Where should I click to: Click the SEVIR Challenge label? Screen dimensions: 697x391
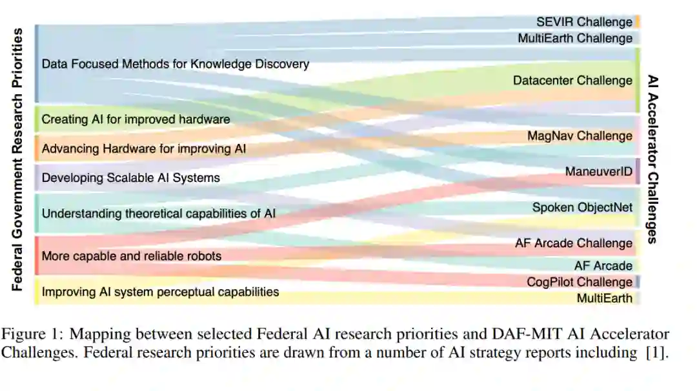coord(584,22)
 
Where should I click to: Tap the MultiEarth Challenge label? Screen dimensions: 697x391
coord(575,38)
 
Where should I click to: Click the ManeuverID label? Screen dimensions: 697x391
coord(599,171)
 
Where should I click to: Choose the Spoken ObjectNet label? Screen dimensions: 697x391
coord(582,207)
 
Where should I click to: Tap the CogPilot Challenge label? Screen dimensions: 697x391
coord(580,282)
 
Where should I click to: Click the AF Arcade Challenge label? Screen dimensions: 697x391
coord(574,243)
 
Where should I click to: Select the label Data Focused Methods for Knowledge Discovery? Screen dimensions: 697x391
coord(175,64)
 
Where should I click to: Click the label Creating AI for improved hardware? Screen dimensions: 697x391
coord(136,119)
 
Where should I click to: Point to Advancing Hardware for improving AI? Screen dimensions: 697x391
coord(144,148)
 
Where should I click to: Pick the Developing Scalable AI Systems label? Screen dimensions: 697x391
coord(130,177)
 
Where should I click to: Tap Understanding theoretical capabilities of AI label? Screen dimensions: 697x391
coord(158,213)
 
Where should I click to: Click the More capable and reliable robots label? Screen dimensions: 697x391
coord(131,256)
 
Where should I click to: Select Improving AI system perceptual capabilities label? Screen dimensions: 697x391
coord(160,292)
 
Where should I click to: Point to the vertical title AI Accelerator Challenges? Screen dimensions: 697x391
coord(652,159)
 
